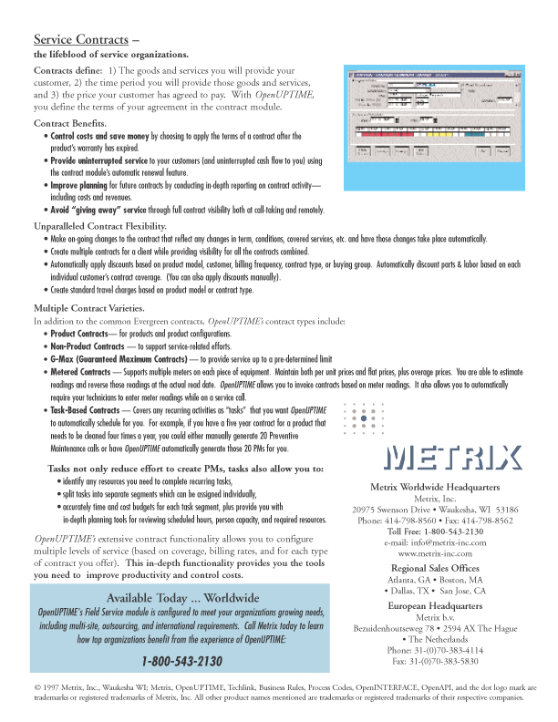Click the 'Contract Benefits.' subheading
pos(70,122)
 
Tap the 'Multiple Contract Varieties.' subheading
pos(88,307)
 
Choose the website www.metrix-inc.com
pos(435,553)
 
